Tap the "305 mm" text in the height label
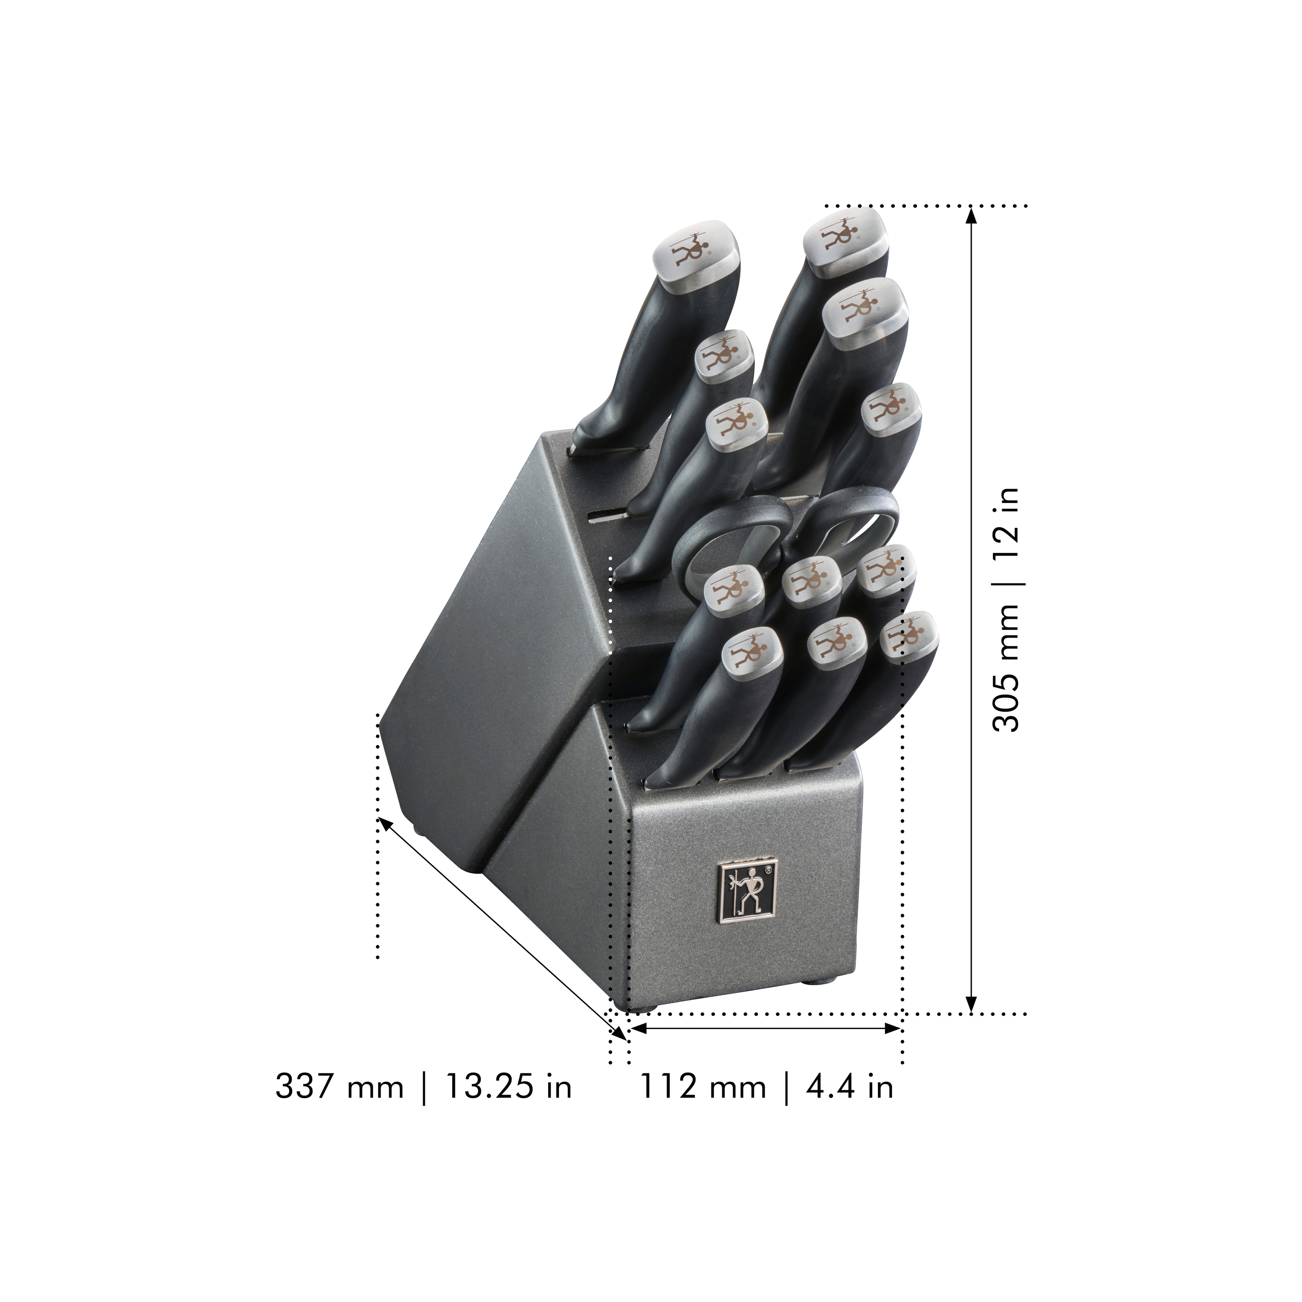point(1006,667)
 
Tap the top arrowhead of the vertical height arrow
point(970,216)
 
